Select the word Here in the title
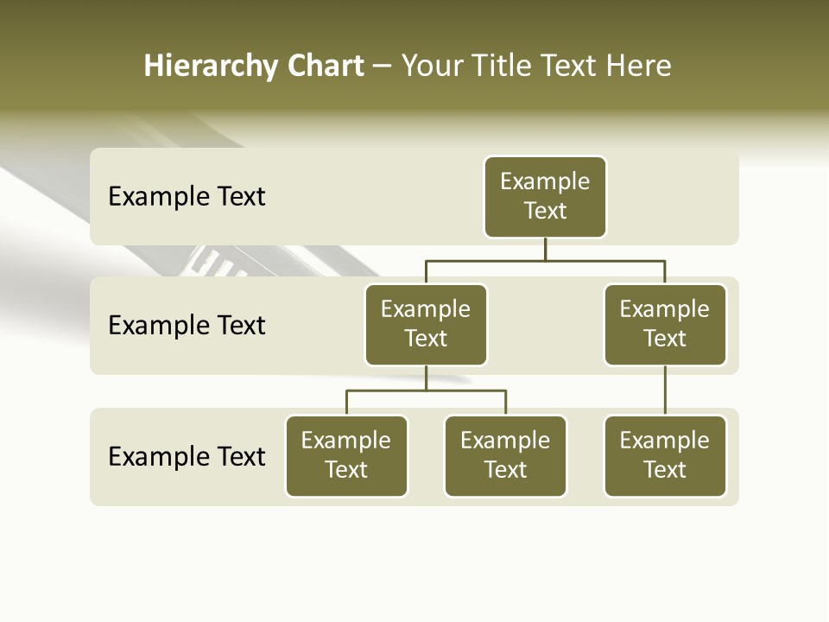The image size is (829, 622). pyautogui.click(x=638, y=67)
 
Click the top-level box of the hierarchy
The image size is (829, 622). pyautogui.click(x=545, y=197)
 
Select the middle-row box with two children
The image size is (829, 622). pyautogui.click(x=426, y=325)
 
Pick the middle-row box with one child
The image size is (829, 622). pyautogui.click(x=665, y=325)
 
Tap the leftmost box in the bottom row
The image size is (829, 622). pyautogui.click(x=346, y=456)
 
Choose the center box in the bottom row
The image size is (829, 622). pyautogui.click(x=505, y=456)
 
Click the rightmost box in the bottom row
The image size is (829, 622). pyautogui.click(x=665, y=456)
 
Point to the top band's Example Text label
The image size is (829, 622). pyautogui.click(x=187, y=197)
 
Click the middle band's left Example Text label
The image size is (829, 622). pyautogui.click(x=187, y=326)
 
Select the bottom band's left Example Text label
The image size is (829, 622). pyautogui.click(x=187, y=456)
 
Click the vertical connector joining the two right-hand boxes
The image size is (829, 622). pyautogui.click(x=665, y=390)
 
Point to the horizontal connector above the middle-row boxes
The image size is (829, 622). pyautogui.click(x=545, y=260)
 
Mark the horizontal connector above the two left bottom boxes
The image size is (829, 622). pyautogui.click(x=426, y=390)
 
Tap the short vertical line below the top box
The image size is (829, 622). pyautogui.click(x=545, y=249)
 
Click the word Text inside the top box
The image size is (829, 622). pyautogui.click(x=545, y=211)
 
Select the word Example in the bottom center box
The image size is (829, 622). pyautogui.click(x=505, y=441)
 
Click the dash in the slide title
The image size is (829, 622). pyautogui.click(x=383, y=67)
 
